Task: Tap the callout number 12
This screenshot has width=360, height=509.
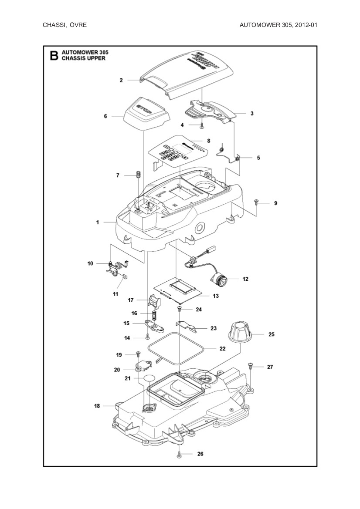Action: click(245, 279)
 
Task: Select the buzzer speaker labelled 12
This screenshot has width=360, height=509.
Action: click(219, 279)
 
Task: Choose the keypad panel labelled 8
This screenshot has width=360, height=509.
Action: click(177, 153)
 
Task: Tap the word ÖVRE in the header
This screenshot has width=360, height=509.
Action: click(79, 25)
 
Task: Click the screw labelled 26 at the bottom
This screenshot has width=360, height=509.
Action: click(179, 454)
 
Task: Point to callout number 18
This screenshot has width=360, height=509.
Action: click(97, 406)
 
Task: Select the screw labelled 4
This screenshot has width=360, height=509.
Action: click(202, 125)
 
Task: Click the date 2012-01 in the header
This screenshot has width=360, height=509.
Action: click(306, 25)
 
